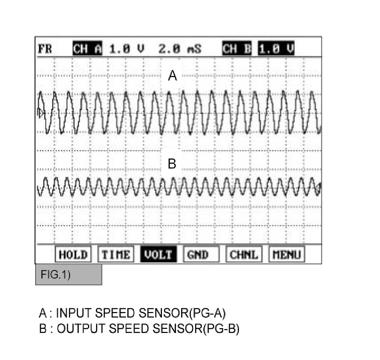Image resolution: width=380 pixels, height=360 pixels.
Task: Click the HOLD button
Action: point(73,255)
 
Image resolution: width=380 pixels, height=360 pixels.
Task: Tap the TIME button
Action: point(116,255)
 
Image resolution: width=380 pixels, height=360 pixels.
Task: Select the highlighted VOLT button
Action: point(158,255)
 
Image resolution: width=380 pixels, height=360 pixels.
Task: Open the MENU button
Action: point(287,255)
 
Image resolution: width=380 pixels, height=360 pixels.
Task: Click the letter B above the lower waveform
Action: point(172,164)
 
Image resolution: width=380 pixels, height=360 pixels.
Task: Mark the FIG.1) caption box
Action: point(68,275)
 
